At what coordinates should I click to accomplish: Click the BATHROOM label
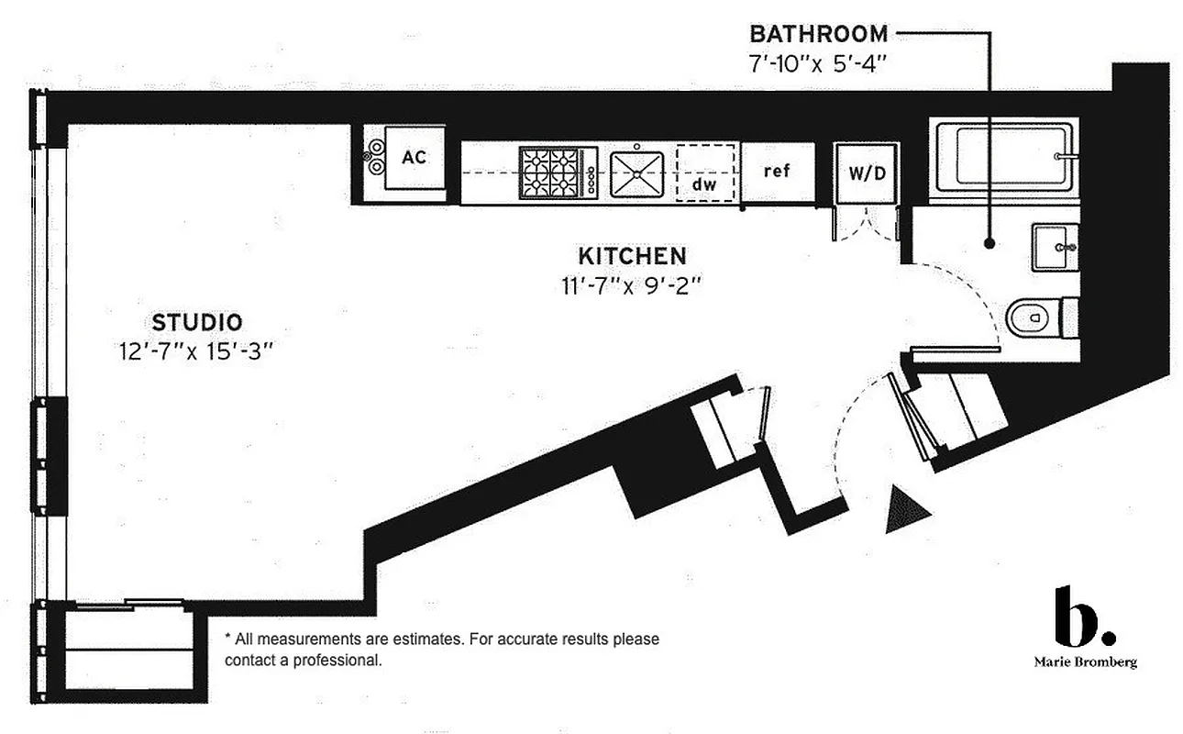pos(818,35)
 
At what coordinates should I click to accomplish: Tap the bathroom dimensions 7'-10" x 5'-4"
pos(818,66)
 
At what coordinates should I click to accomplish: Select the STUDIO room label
pos(197,322)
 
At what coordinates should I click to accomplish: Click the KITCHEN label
pos(631,254)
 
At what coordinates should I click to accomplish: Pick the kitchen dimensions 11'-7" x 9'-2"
pos(631,285)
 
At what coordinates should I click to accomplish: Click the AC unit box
pos(414,158)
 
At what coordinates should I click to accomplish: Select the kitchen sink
pos(636,172)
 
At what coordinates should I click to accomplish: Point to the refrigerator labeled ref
pos(776,171)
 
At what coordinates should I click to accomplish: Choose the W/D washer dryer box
pos(866,172)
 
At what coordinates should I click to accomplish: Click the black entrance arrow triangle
pos(905,510)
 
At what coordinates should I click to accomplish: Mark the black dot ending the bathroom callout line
pos(990,243)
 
